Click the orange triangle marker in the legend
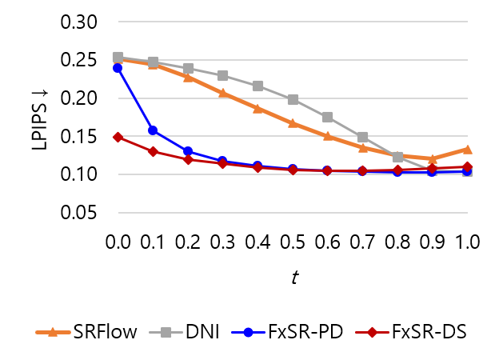click(x=53, y=332)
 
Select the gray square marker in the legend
click(x=166, y=332)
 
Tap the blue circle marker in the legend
click(x=248, y=332)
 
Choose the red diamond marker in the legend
click(x=372, y=332)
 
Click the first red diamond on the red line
click(x=118, y=137)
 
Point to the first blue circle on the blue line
click(x=118, y=68)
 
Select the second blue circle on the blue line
click(x=153, y=130)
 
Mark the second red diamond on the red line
click(x=153, y=151)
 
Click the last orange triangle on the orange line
click(x=467, y=149)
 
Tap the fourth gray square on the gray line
click(x=222, y=75)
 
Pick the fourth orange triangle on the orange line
click(x=222, y=93)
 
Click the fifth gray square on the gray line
click(x=257, y=86)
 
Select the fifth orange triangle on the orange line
click(x=257, y=108)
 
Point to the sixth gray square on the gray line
click(x=293, y=99)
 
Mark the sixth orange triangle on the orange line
click(x=293, y=123)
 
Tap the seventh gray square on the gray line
click(x=327, y=117)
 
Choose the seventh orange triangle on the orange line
click(x=327, y=135)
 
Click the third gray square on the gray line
click(x=188, y=68)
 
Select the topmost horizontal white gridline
click(x=293, y=22)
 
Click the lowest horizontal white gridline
click(x=293, y=213)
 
